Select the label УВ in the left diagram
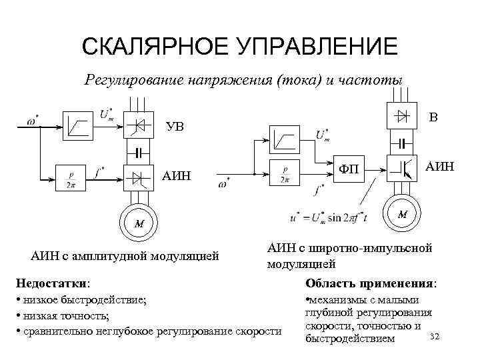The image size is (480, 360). [x=175, y=127]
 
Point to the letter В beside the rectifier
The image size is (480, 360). [x=433, y=119]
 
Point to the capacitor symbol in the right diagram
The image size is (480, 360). [x=402, y=142]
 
